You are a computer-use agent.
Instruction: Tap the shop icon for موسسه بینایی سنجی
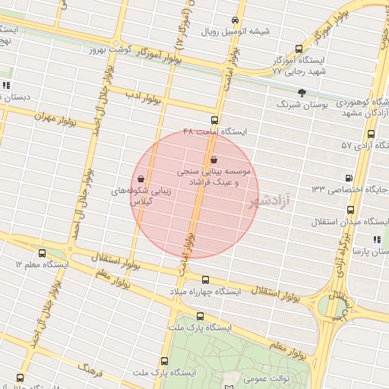click(x=213, y=160)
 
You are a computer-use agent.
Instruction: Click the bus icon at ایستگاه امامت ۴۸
click(x=213, y=119)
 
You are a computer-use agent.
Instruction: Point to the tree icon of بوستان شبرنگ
click(x=302, y=92)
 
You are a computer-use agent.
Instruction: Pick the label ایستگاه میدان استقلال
click(x=352, y=222)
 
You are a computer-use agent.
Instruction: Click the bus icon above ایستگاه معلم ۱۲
click(x=41, y=253)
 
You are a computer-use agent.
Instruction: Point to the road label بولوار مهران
click(x=57, y=121)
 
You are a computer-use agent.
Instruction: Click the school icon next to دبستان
click(x=6, y=85)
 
